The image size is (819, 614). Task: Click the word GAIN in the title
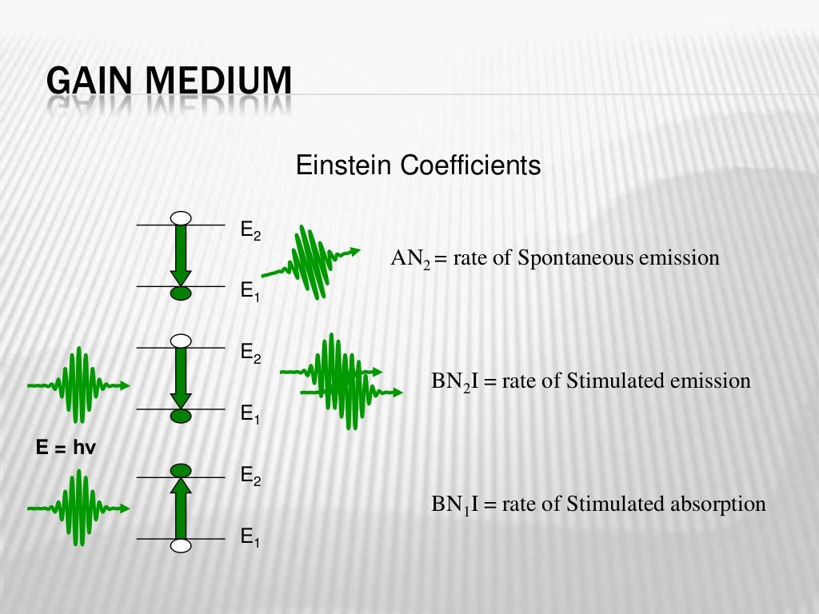(x=86, y=83)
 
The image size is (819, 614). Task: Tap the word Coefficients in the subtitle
(x=470, y=166)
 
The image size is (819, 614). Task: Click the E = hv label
(x=66, y=449)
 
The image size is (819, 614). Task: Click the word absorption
(x=721, y=504)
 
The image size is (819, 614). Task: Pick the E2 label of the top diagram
(x=250, y=232)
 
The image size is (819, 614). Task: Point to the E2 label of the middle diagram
(x=250, y=354)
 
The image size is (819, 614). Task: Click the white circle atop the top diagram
(x=182, y=217)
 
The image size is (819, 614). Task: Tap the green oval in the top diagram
(x=182, y=294)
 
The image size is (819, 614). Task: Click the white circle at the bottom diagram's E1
(x=182, y=545)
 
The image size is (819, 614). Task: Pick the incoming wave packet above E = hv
(x=79, y=385)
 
